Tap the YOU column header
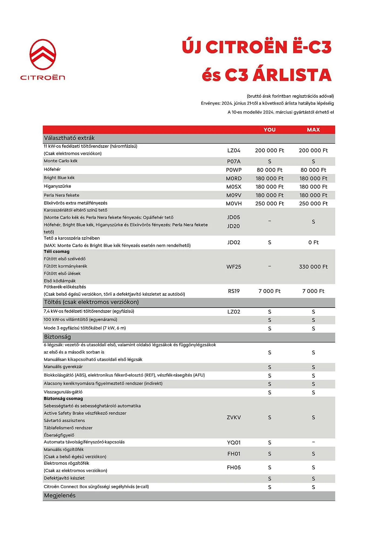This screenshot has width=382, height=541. [x=269, y=130]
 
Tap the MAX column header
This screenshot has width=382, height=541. [x=313, y=130]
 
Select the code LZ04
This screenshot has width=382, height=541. [x=234, y=150]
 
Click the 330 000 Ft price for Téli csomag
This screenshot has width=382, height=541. [x=313, y=267]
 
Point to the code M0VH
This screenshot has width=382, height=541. [x=234, y=204]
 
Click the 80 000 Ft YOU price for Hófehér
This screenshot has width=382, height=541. [x=269, y=170]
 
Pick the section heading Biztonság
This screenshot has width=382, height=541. [x=57, y=337]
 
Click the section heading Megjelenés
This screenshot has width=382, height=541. [x=60, y=495]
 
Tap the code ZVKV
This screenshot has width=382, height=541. [x=234, y=417]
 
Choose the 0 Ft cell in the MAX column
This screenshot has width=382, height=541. [x=313, y=242]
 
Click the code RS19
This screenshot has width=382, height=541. [x=234, y=291]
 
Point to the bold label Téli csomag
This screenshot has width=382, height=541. [x=56, y=252]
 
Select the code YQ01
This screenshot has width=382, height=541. [x=234, y=443]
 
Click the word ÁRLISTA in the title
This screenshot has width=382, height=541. [x=292, y=75]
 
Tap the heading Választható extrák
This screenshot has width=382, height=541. [x=69, y=138]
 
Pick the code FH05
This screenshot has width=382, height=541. [x=234, y=467]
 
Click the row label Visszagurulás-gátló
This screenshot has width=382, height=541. [x=63, y=392]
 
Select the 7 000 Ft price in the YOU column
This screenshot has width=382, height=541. [x=269, y=291]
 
